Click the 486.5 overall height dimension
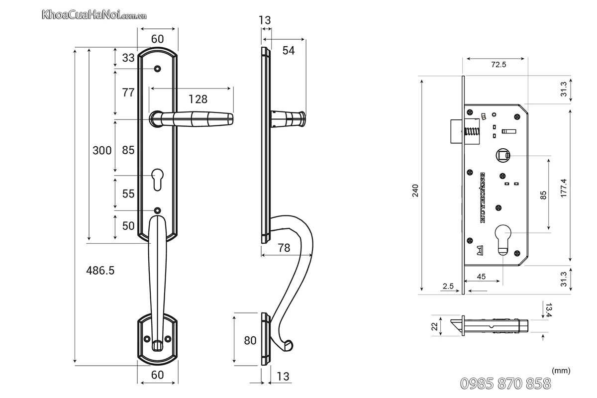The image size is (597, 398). tap(100, 270)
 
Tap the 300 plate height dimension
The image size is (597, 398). tap(102, 150)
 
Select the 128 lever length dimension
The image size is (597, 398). tap(198, 99)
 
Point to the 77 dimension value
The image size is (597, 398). tap(128, 92)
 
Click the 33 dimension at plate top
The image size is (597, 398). tap(128, 58)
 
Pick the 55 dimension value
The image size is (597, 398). tap(128, 194)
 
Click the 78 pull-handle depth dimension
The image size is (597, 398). tap(284, 248)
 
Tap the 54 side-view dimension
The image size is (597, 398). tap(289, 50)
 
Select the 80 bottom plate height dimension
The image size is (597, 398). tap(250, 340)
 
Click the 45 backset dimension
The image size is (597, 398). tap(481, 277)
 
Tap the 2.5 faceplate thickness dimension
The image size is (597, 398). tap(447, 286)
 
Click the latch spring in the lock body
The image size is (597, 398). tap(471, 133)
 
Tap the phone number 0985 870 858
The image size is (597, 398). tap(505, 383)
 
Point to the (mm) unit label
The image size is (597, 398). tap(561, 371)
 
